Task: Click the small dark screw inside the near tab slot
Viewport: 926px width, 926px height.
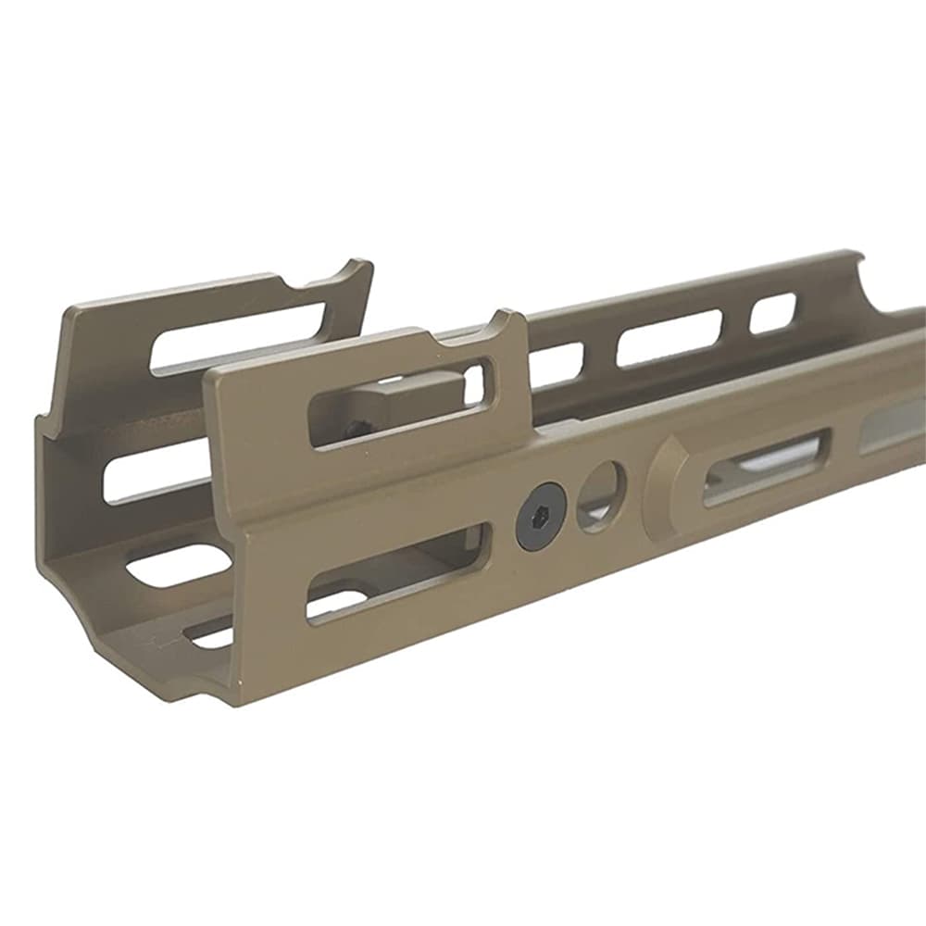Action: [x=356, y=427]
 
